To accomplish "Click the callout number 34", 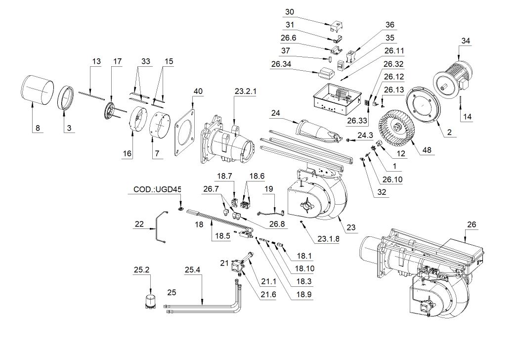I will [x=466, y=41].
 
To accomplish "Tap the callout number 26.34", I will [x=282, y=64].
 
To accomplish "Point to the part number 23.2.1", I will [x=245, y=91].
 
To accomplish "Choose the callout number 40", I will [x=198, y=91].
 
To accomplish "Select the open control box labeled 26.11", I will [x=334, y=97].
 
